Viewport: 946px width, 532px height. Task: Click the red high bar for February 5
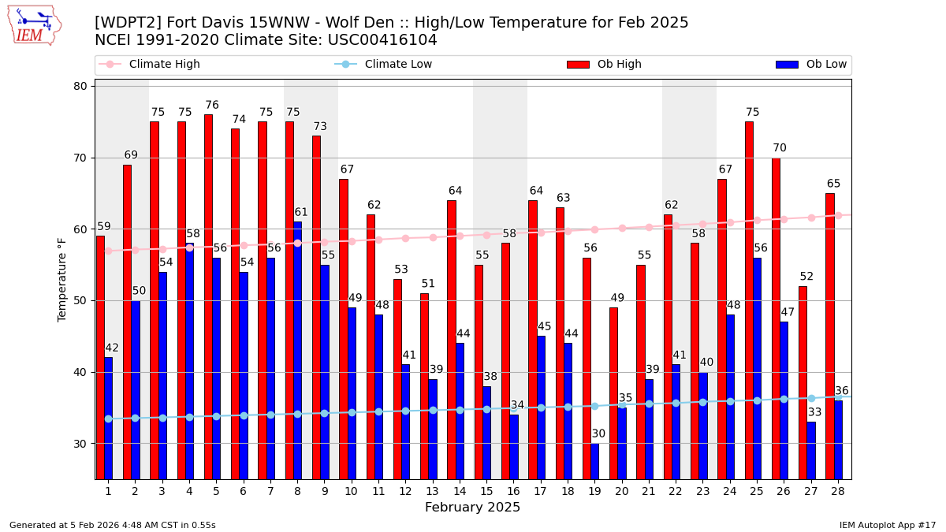[208, 296]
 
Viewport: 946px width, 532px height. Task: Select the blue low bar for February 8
[297, 350]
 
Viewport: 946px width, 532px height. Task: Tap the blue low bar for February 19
[594, 461]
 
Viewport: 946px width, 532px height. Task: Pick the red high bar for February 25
[749, 300]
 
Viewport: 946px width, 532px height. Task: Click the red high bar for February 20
[613, 392]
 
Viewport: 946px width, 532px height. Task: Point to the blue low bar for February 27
[810, 450]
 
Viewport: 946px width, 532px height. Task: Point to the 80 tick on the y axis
[80, 87]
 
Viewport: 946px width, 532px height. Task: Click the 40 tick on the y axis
[80, 372]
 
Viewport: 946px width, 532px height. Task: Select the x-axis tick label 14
[459, 491]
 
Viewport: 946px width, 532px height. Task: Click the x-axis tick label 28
[837, 491]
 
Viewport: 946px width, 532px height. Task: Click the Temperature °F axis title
[62, 279]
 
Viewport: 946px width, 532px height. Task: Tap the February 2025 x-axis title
[472, 508]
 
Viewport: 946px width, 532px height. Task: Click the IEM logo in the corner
[35, 25]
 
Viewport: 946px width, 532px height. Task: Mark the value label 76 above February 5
[212, 106]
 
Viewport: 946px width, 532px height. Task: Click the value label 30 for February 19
[598, 434]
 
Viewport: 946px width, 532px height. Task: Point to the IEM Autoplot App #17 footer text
[888, 525]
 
